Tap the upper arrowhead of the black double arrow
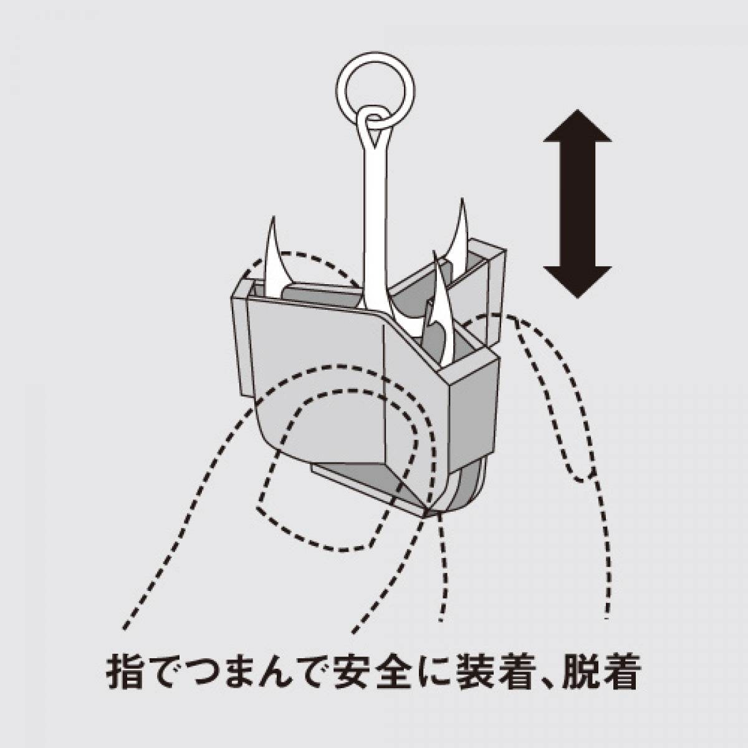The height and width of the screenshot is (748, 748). coord(577,128)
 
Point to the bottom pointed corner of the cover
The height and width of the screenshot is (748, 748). coord(429,512)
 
